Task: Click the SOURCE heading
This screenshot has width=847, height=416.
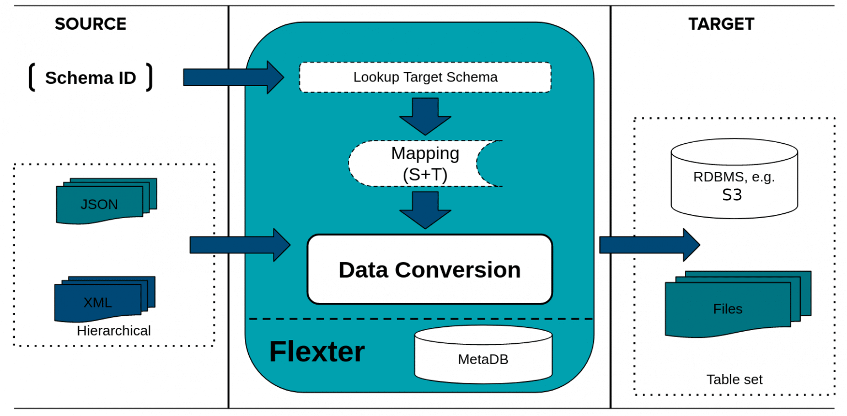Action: point(90,24)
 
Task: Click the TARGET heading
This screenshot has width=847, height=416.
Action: point(721,24)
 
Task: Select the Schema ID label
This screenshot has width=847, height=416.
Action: point(91,78)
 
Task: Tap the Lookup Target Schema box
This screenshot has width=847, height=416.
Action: point(425,77)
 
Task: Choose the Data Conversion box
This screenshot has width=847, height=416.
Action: point(430,269)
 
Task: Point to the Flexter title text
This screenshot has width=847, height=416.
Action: point(317,352)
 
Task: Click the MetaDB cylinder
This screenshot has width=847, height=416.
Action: point(483,354)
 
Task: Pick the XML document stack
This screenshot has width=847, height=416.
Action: point(105,299)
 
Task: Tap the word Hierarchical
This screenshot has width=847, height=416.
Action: point(114,331)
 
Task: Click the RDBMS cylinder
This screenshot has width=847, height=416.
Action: point(735,179)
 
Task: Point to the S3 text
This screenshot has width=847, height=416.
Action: point(732,195)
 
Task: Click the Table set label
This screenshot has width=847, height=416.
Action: point(735,379)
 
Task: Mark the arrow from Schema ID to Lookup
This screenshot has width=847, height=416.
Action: point(233,78)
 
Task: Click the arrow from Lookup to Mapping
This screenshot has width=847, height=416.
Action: point(425,116)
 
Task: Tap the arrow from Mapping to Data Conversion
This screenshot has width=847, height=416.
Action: point(425,210)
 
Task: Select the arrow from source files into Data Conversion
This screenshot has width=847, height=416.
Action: point(240,245)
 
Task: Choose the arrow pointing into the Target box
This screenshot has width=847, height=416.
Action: point(650,245)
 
